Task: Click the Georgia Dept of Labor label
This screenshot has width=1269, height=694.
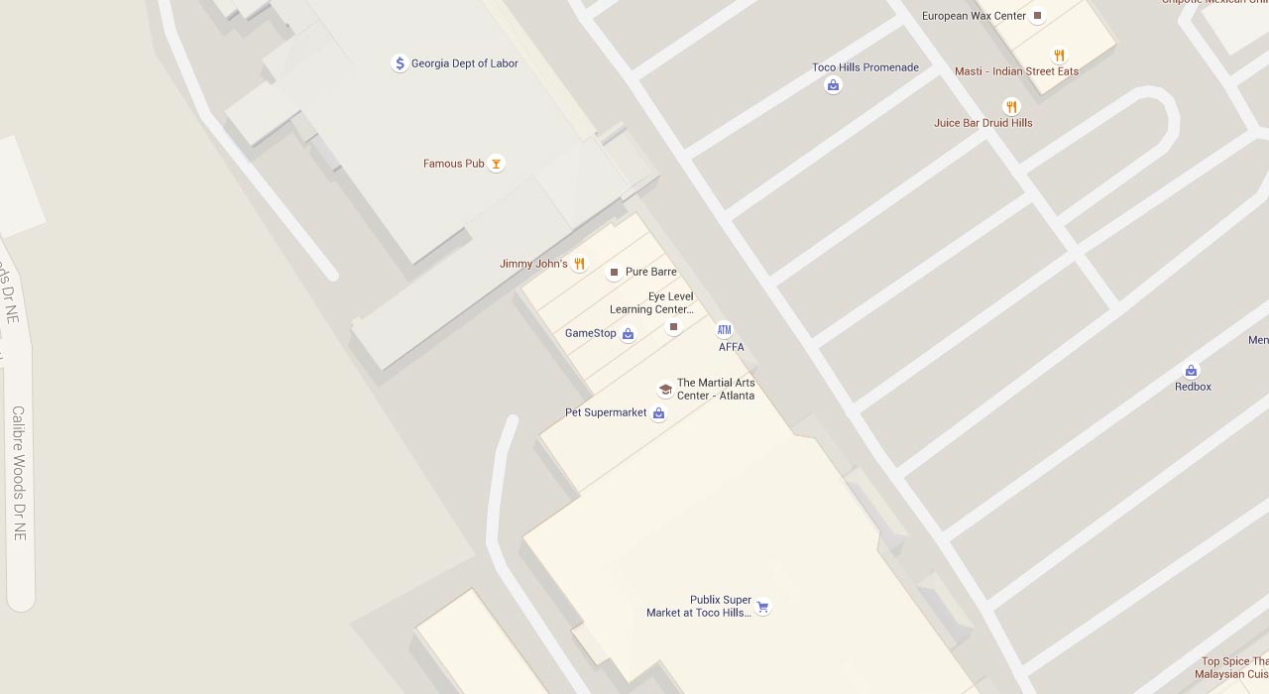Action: point(464,63)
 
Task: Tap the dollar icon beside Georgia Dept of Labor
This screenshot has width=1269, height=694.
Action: point(400,63)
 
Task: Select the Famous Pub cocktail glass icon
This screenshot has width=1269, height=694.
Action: point(497,164)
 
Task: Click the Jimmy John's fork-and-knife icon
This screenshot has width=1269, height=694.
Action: point(580,264)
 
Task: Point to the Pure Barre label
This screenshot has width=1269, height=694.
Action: point(650,272)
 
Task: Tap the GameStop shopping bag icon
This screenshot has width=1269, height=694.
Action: point(628,334)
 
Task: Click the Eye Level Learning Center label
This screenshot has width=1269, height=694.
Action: point(652,303)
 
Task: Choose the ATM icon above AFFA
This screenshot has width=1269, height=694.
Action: point(725,330)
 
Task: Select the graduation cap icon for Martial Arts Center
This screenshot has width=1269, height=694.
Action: point(665,390)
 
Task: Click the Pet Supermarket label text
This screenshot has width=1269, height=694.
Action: point(606,412)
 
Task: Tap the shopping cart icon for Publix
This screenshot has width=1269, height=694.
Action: point(762,607)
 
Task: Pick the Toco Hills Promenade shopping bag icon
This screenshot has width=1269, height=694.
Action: point(833,85)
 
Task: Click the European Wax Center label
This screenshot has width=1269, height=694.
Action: point(974,16)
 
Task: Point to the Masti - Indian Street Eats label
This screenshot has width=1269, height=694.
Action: point(1016,71)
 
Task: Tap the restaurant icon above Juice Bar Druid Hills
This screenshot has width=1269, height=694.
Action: point(1011,106)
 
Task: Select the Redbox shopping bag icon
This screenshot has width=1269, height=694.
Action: point(1192,371)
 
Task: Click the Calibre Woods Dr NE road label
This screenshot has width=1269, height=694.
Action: point(18,473)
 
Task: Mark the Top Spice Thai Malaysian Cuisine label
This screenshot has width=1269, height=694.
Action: point(1233,668)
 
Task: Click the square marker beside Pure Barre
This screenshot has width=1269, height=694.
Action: point(614,272)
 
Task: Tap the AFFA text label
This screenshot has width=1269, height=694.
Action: point(732,347)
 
